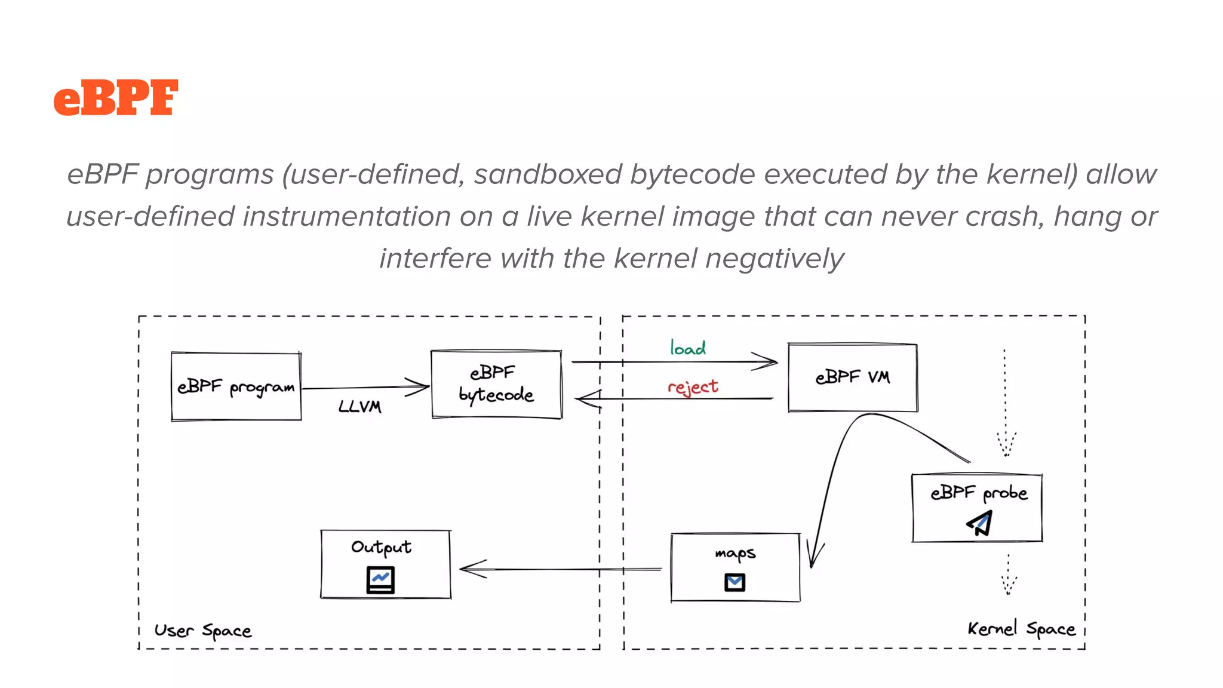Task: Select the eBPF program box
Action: point(236,387)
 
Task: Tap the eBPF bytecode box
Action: point(496,384)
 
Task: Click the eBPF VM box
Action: point(852,377)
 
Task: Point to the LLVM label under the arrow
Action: point(359,407)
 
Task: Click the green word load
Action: point(687,348)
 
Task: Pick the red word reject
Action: point(693,387)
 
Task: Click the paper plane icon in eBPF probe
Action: point(980,523)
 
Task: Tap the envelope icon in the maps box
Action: point(735,582)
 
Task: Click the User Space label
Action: point(202,631)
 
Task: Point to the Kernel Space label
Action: point(1021,629)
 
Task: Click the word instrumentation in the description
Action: point(346,216)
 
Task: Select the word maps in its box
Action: point(735,553)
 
